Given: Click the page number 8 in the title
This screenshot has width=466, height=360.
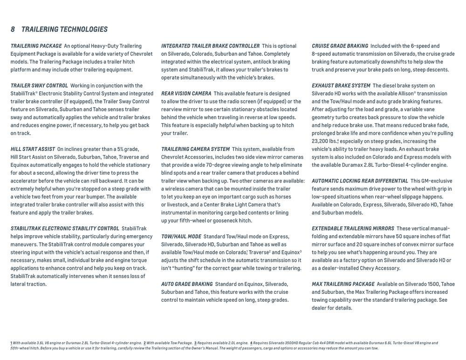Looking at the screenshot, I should coord(13,29).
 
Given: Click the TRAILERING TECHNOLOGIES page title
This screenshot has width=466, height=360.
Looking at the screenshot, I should coord(64,29).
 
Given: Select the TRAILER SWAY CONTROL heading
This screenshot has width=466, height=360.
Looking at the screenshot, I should coord(39,86).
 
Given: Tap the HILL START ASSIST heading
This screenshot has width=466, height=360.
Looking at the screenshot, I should coord(33,149).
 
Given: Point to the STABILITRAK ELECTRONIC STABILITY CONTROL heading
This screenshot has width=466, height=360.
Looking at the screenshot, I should coord(65,228).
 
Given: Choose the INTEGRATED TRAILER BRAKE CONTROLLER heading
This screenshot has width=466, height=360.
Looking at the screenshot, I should coord(210,46).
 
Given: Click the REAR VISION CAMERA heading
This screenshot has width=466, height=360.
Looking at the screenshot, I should coord(186,94).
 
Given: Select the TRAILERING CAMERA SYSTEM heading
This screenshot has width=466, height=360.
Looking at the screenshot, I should coord(195,149).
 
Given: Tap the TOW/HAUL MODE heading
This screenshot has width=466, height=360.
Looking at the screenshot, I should coord(181,237).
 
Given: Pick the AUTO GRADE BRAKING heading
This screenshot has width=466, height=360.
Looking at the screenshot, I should coord(187,284).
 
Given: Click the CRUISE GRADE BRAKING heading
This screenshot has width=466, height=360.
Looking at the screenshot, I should coord(340,46).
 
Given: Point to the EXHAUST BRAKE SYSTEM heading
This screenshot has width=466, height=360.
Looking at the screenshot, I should coord(341,86).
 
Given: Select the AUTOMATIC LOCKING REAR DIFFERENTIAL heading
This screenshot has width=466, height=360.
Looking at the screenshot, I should coord(360,181).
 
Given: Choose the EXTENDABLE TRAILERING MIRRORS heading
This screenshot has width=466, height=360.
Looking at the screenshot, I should coord(353,228).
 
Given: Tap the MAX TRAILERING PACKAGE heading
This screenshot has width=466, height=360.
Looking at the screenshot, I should coord(343,284).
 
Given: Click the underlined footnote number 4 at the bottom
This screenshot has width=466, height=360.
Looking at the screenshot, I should coord(251,343).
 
